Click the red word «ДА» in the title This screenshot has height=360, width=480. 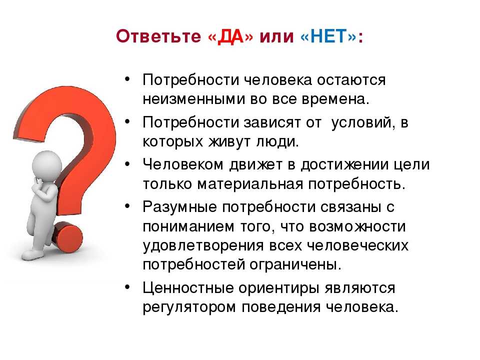tap(230, 36)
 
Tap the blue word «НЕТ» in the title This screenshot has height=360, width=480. tap(329, 36)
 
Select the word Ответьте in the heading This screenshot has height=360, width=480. tap(158, 36)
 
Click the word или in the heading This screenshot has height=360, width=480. tap(276, 36)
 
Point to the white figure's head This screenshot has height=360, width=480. tap(47, 165)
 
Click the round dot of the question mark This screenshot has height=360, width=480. tap(68, 237)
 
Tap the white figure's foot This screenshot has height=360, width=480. tap(32, 254)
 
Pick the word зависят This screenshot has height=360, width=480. tap(272, 123)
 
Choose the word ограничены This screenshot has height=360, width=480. tap(295, 265)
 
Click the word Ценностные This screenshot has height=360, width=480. tap(188, 288)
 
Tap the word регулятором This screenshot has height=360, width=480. tap(189, 307)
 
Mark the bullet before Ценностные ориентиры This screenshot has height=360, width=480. tap(127, 287)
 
